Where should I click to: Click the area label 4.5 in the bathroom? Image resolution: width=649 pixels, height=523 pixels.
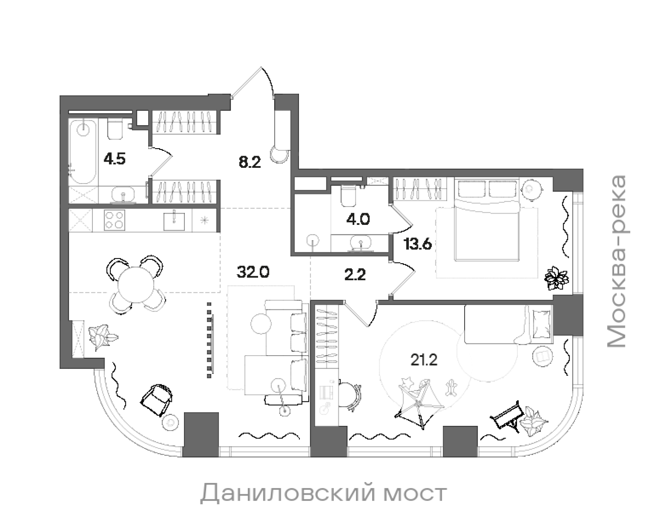click(114, 159)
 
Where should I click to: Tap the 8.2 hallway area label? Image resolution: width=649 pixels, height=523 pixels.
click(250, 163)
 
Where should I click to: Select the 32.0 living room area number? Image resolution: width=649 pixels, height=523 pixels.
click(253, 272)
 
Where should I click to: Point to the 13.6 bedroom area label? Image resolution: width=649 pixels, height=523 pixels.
click(417, 245)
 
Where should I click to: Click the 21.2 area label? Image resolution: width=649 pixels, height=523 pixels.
click(423, 360)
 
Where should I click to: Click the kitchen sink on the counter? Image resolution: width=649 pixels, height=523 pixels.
click(174, 221)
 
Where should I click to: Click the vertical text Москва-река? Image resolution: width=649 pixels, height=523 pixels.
click(616, 261)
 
